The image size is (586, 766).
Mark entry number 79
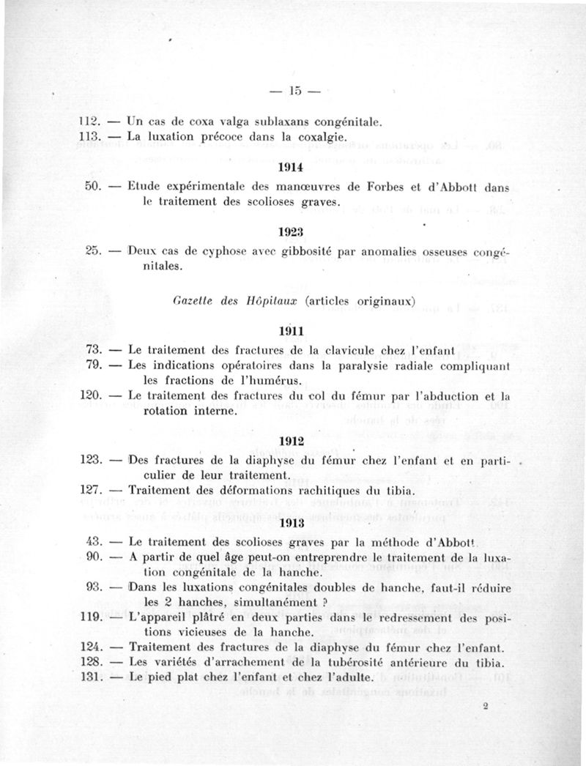coord(92,365)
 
